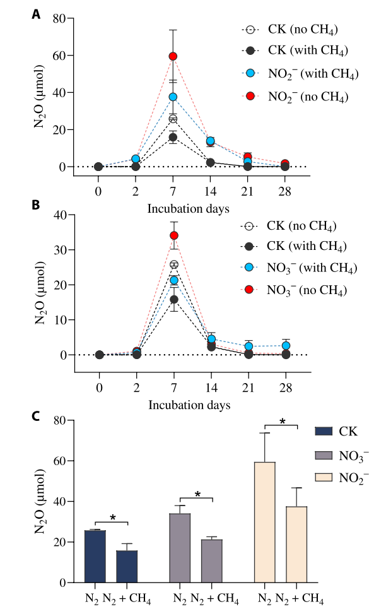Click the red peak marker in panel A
click(x=173, y=56)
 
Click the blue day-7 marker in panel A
click(x=173, y=97)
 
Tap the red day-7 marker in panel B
click(x=174, y=236)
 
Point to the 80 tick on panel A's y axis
click(x=59, y=18)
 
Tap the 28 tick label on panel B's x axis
click(x=285, y=386)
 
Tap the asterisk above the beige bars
click(x=282, y=421)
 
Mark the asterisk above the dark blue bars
click(x=112, y=517)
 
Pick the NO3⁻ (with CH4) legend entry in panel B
click(x=300, y=268)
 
